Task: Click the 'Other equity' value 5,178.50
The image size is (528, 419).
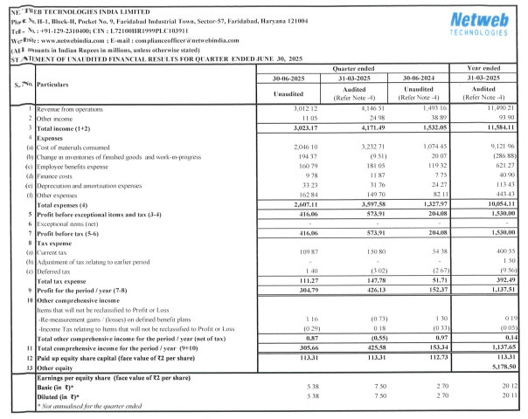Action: [x=487, y=367]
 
